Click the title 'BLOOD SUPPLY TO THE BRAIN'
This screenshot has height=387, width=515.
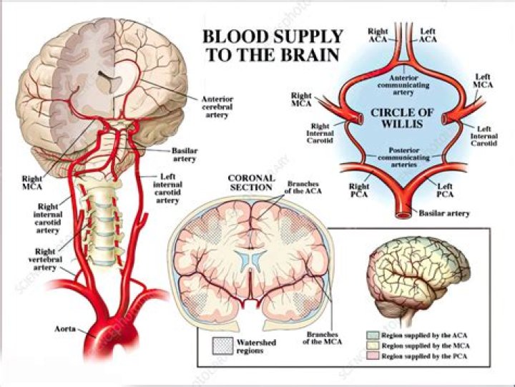click(x=273, y=45)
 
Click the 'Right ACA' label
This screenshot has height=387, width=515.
click(x=378, y=36)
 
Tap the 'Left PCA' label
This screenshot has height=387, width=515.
click(x=445, y=190)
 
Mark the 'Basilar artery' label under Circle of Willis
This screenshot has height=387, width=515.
click(x=444, y=213)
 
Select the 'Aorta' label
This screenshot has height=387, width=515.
click(x=67, y=329)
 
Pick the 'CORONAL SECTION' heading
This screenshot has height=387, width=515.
click(x=250, y=182)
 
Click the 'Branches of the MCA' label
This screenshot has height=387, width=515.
click(x=322, y=338)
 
